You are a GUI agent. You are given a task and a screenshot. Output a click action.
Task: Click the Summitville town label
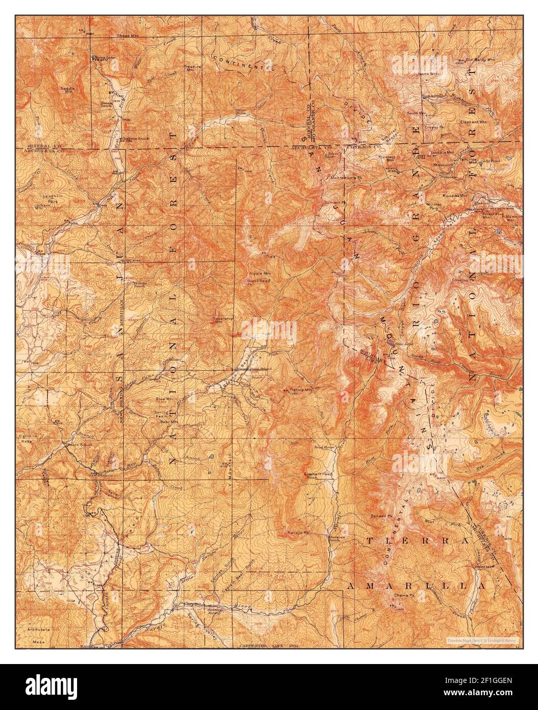[x=435, y=96]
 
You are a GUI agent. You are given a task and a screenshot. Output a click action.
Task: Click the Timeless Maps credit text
[x=482, y=640]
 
